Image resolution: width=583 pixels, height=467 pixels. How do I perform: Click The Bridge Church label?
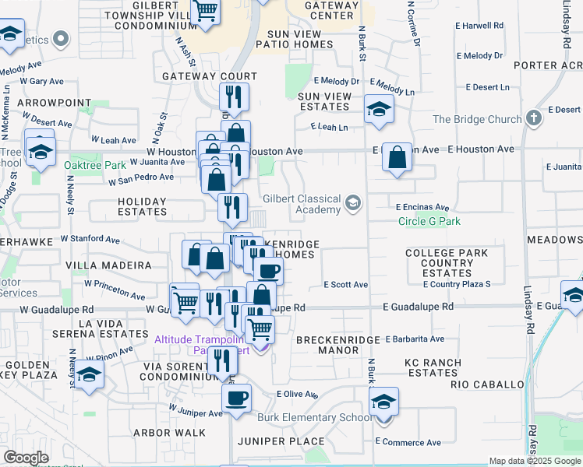pos(477,119)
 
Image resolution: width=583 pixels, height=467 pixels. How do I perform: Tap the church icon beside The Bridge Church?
pos(533,118)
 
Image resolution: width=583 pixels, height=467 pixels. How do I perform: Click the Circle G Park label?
pos(429,222)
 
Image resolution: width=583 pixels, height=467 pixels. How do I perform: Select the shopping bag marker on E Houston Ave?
pos(397,157)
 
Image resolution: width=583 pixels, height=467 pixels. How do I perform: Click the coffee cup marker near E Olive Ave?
pos(236,399)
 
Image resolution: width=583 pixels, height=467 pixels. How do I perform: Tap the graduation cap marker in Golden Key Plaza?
pos(90,375)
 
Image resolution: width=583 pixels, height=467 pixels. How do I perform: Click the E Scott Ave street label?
pos(345,285)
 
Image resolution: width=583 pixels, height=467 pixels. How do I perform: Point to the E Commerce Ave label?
pos(408,441)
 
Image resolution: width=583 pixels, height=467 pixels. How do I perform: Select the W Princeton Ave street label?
pos(115,290)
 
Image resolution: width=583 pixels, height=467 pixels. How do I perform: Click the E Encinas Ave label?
pos(422,208)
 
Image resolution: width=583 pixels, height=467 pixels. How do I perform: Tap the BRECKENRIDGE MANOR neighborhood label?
pos(338,345)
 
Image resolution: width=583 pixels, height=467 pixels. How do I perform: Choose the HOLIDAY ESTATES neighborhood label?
pos(142,206)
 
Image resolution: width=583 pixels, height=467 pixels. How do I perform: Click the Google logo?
pos(26,458)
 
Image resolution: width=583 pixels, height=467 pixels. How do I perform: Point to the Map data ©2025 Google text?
pos(535,462)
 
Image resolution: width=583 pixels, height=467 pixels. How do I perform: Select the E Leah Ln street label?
pos(328,127)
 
